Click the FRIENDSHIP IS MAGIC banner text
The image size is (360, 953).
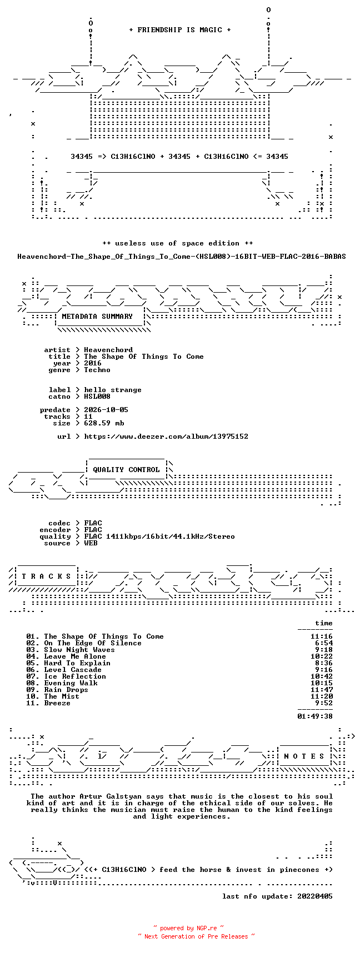(x=180, y=30)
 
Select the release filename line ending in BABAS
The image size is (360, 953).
(x=182, y=257)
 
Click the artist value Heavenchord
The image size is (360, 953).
(x=108, y=350)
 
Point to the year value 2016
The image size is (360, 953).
(x=93, y=363)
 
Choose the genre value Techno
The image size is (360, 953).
(x=97, y=370)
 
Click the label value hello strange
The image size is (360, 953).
(x=113, y=390)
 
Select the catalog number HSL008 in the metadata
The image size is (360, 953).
(x=97, y=397)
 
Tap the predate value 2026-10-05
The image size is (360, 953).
(x=106, y=410)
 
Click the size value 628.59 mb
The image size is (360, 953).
(x=104, y=423)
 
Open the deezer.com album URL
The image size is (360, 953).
(x=166, y=437)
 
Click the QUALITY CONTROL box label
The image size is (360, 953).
(x=126, y=470)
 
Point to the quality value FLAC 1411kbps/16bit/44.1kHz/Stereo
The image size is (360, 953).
(x=159, y=536)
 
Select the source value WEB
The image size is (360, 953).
(x=91, y=543)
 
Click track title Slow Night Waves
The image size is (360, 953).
(x=79, y=650)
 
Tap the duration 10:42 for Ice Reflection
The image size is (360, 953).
(x=322, y=676)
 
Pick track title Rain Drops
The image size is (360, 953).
(x=66, y=690)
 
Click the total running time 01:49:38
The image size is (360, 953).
(x=315, y=716)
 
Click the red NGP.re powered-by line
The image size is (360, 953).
(x=189, y=928)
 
